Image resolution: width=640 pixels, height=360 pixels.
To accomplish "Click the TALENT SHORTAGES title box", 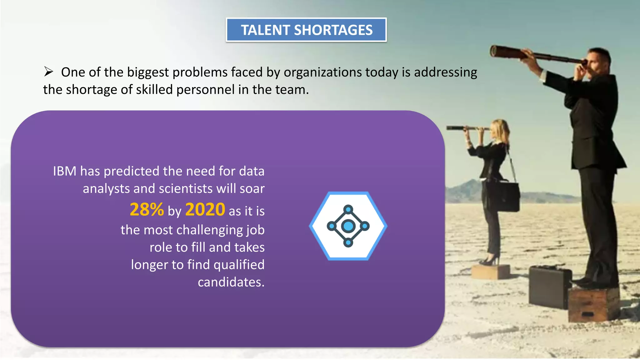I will tap(306, 30).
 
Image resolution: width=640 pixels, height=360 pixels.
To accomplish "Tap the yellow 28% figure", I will tap(147, 210).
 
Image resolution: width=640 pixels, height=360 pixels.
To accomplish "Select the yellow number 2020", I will tap(205, 210).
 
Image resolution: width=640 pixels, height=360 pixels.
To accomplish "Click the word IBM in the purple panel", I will tap(65, 171).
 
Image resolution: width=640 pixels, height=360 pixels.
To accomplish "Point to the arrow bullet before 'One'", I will tap(48, 72).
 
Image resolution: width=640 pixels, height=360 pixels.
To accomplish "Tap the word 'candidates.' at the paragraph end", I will tap(231, 282).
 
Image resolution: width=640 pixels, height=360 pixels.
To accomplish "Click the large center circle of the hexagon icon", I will tap(348, 226).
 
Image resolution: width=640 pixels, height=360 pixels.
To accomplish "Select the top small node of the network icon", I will tap(348, 209).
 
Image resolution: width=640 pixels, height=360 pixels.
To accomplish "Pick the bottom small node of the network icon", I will tap(348, 243).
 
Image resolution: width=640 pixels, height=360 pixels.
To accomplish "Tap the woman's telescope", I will tap(466, 128).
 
